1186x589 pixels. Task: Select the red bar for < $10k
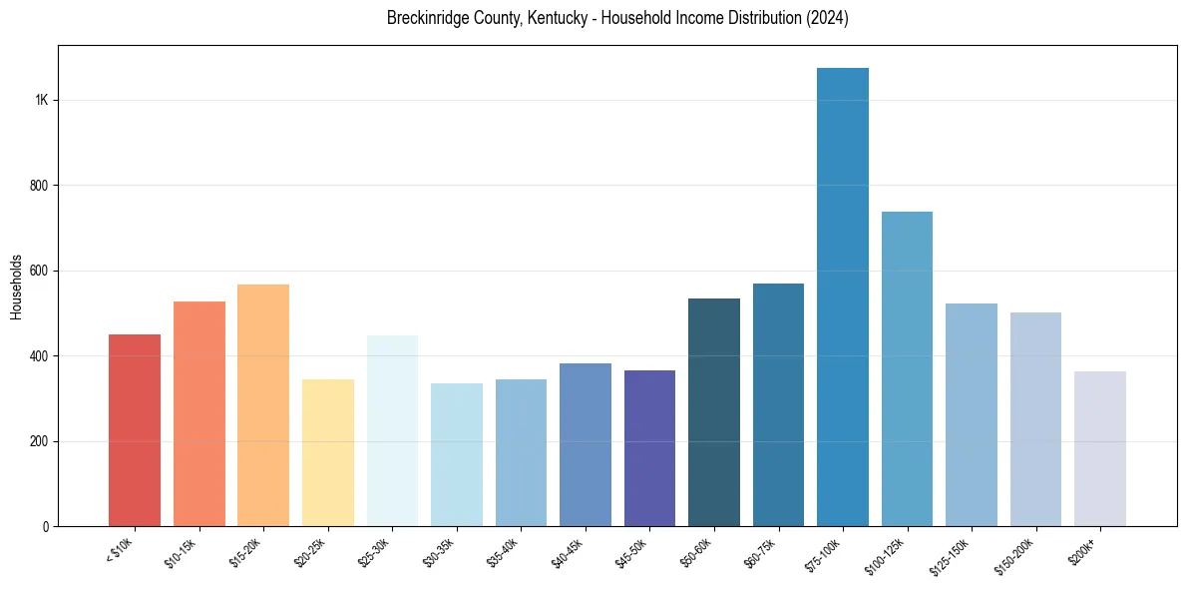tap(135, 430)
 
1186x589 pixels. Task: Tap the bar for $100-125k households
tap(907, 369)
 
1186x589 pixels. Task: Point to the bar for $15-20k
tap(263, 405)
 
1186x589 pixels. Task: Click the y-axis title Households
tap(17, 286)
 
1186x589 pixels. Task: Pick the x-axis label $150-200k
tap(1019, 556)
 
